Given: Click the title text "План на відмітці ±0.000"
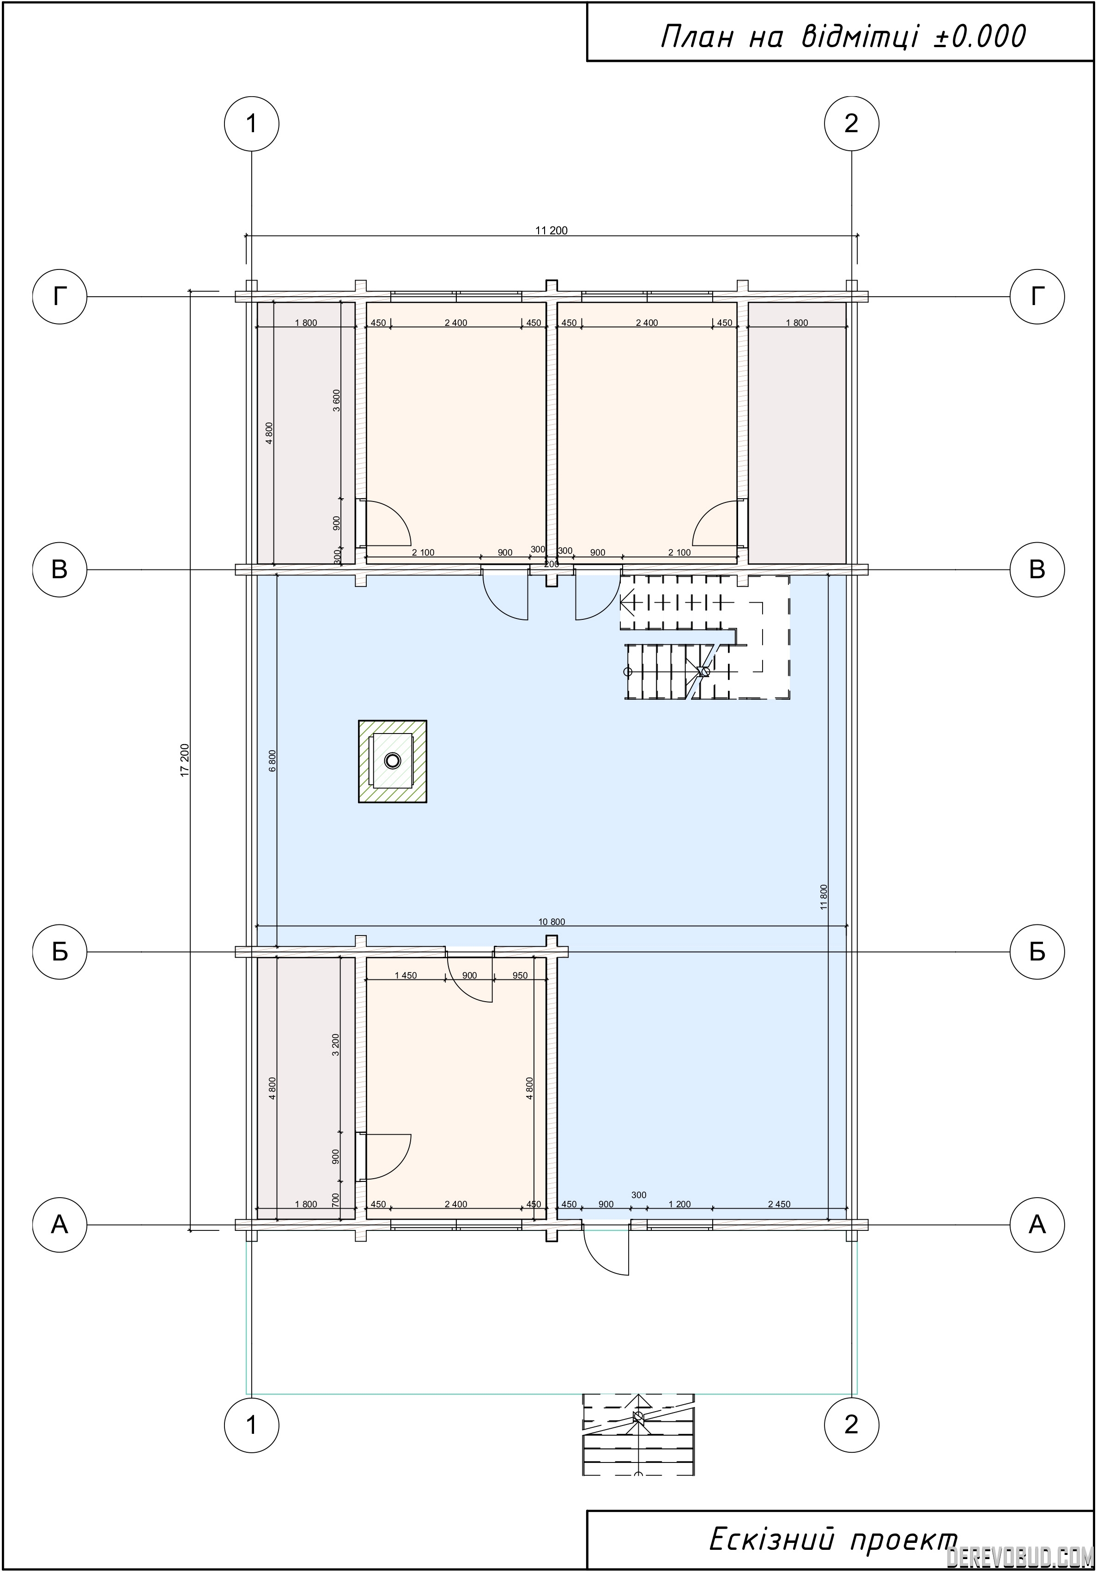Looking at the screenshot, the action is pyautogui.click(x=843, y=37).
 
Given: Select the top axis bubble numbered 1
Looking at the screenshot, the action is pyautogui.click(x=252, y=123).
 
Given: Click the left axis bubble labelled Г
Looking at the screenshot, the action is pyautogui.click(x=60, y=296).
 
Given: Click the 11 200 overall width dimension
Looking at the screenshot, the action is pyautogui.click(x=552, y=231).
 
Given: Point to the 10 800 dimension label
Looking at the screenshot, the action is pyautogui.click(x=552, y=922).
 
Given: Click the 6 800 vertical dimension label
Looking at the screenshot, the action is pyautogui.click(x=273, y=761).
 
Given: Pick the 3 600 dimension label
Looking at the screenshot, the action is pyautogui.click(x=336, y=401).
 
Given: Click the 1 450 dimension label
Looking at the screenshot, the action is pyautogui.click(x=406, y=976).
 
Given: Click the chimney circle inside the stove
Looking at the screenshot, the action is pyautogui.click(x=392, y=761).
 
